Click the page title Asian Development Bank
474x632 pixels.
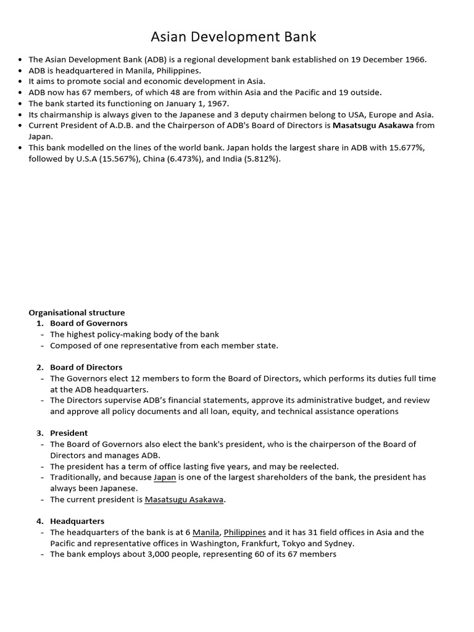click(233, 37)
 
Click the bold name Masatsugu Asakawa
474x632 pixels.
click(373, 125)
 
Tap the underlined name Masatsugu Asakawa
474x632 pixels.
click(184, 500)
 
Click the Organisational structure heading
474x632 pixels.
click(77, 312)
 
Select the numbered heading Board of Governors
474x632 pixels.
click(89, 323)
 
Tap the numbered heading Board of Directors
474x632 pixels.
click(86, 367)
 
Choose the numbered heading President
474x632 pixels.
click(69, 433)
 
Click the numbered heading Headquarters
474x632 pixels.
click(77, 521)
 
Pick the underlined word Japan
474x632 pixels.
click(165, 477)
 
